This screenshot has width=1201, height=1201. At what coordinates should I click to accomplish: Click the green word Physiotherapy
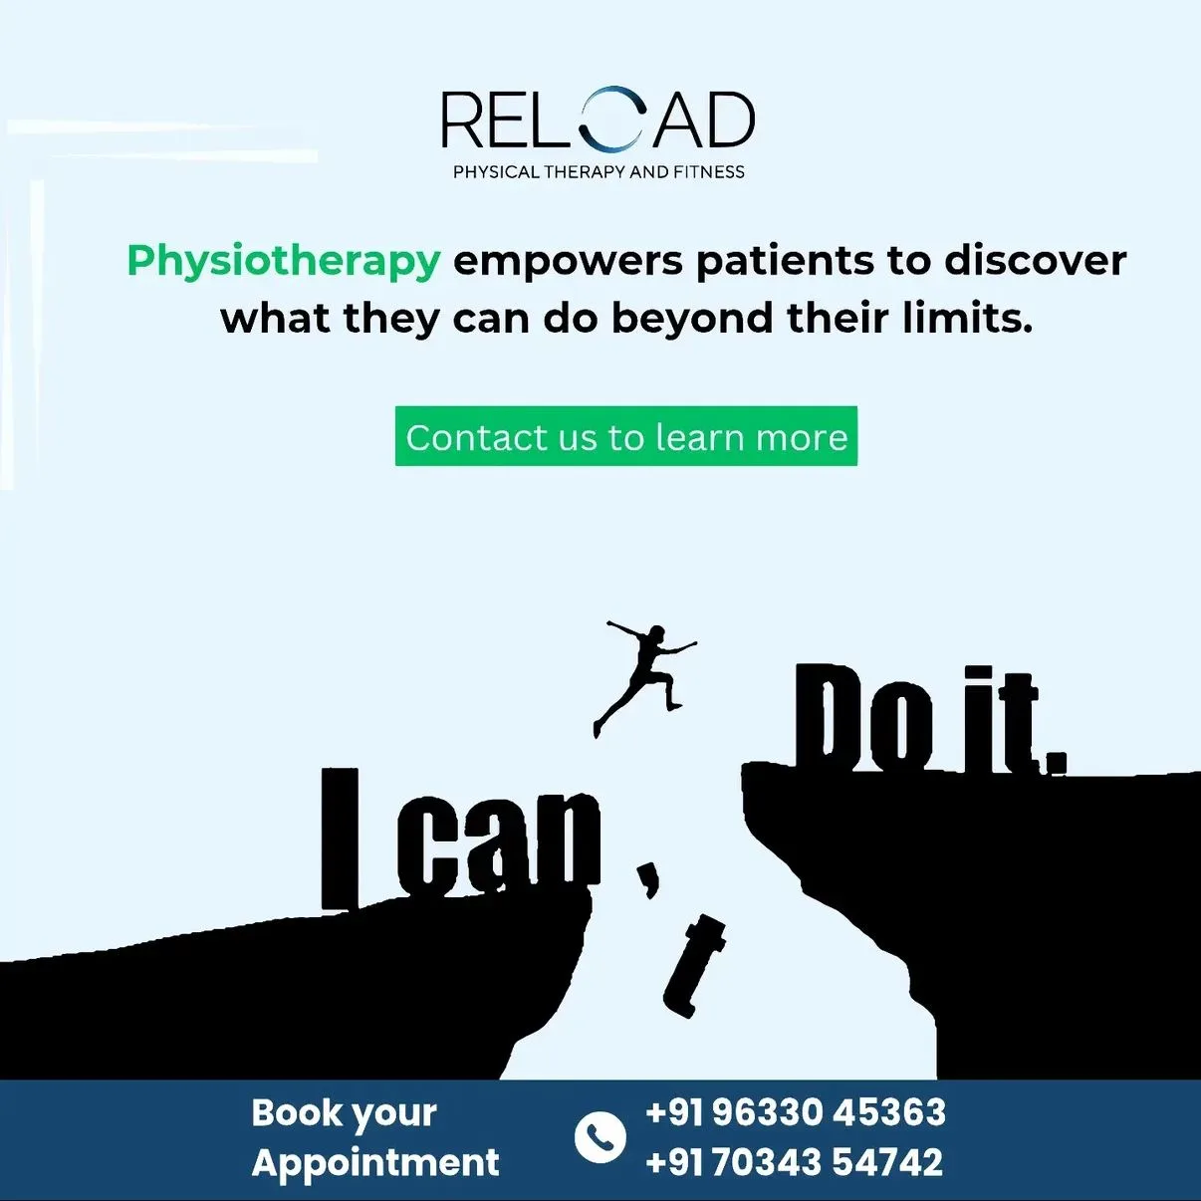point(283,261)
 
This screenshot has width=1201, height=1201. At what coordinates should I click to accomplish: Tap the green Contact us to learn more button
point(625,436)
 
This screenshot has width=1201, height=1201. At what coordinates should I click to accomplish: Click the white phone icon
point(600,1136)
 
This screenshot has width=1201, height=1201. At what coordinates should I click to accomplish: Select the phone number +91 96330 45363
point(795,1112)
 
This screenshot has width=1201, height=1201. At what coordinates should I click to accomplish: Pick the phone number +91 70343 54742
point(794,1162)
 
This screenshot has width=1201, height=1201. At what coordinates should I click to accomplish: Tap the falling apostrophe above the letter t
point(648,877)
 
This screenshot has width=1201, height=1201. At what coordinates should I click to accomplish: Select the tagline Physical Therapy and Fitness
point(599,172)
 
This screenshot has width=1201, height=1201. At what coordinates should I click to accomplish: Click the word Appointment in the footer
point(375,1162)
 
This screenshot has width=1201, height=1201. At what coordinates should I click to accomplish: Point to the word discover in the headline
point(1035,261)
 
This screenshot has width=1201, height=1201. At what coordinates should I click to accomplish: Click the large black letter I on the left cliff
point(339,838)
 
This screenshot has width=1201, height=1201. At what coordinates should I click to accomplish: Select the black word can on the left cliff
point(498,841)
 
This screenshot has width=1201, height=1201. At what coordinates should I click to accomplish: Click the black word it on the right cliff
point(999,723)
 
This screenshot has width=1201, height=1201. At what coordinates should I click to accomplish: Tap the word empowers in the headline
point(568,261)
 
